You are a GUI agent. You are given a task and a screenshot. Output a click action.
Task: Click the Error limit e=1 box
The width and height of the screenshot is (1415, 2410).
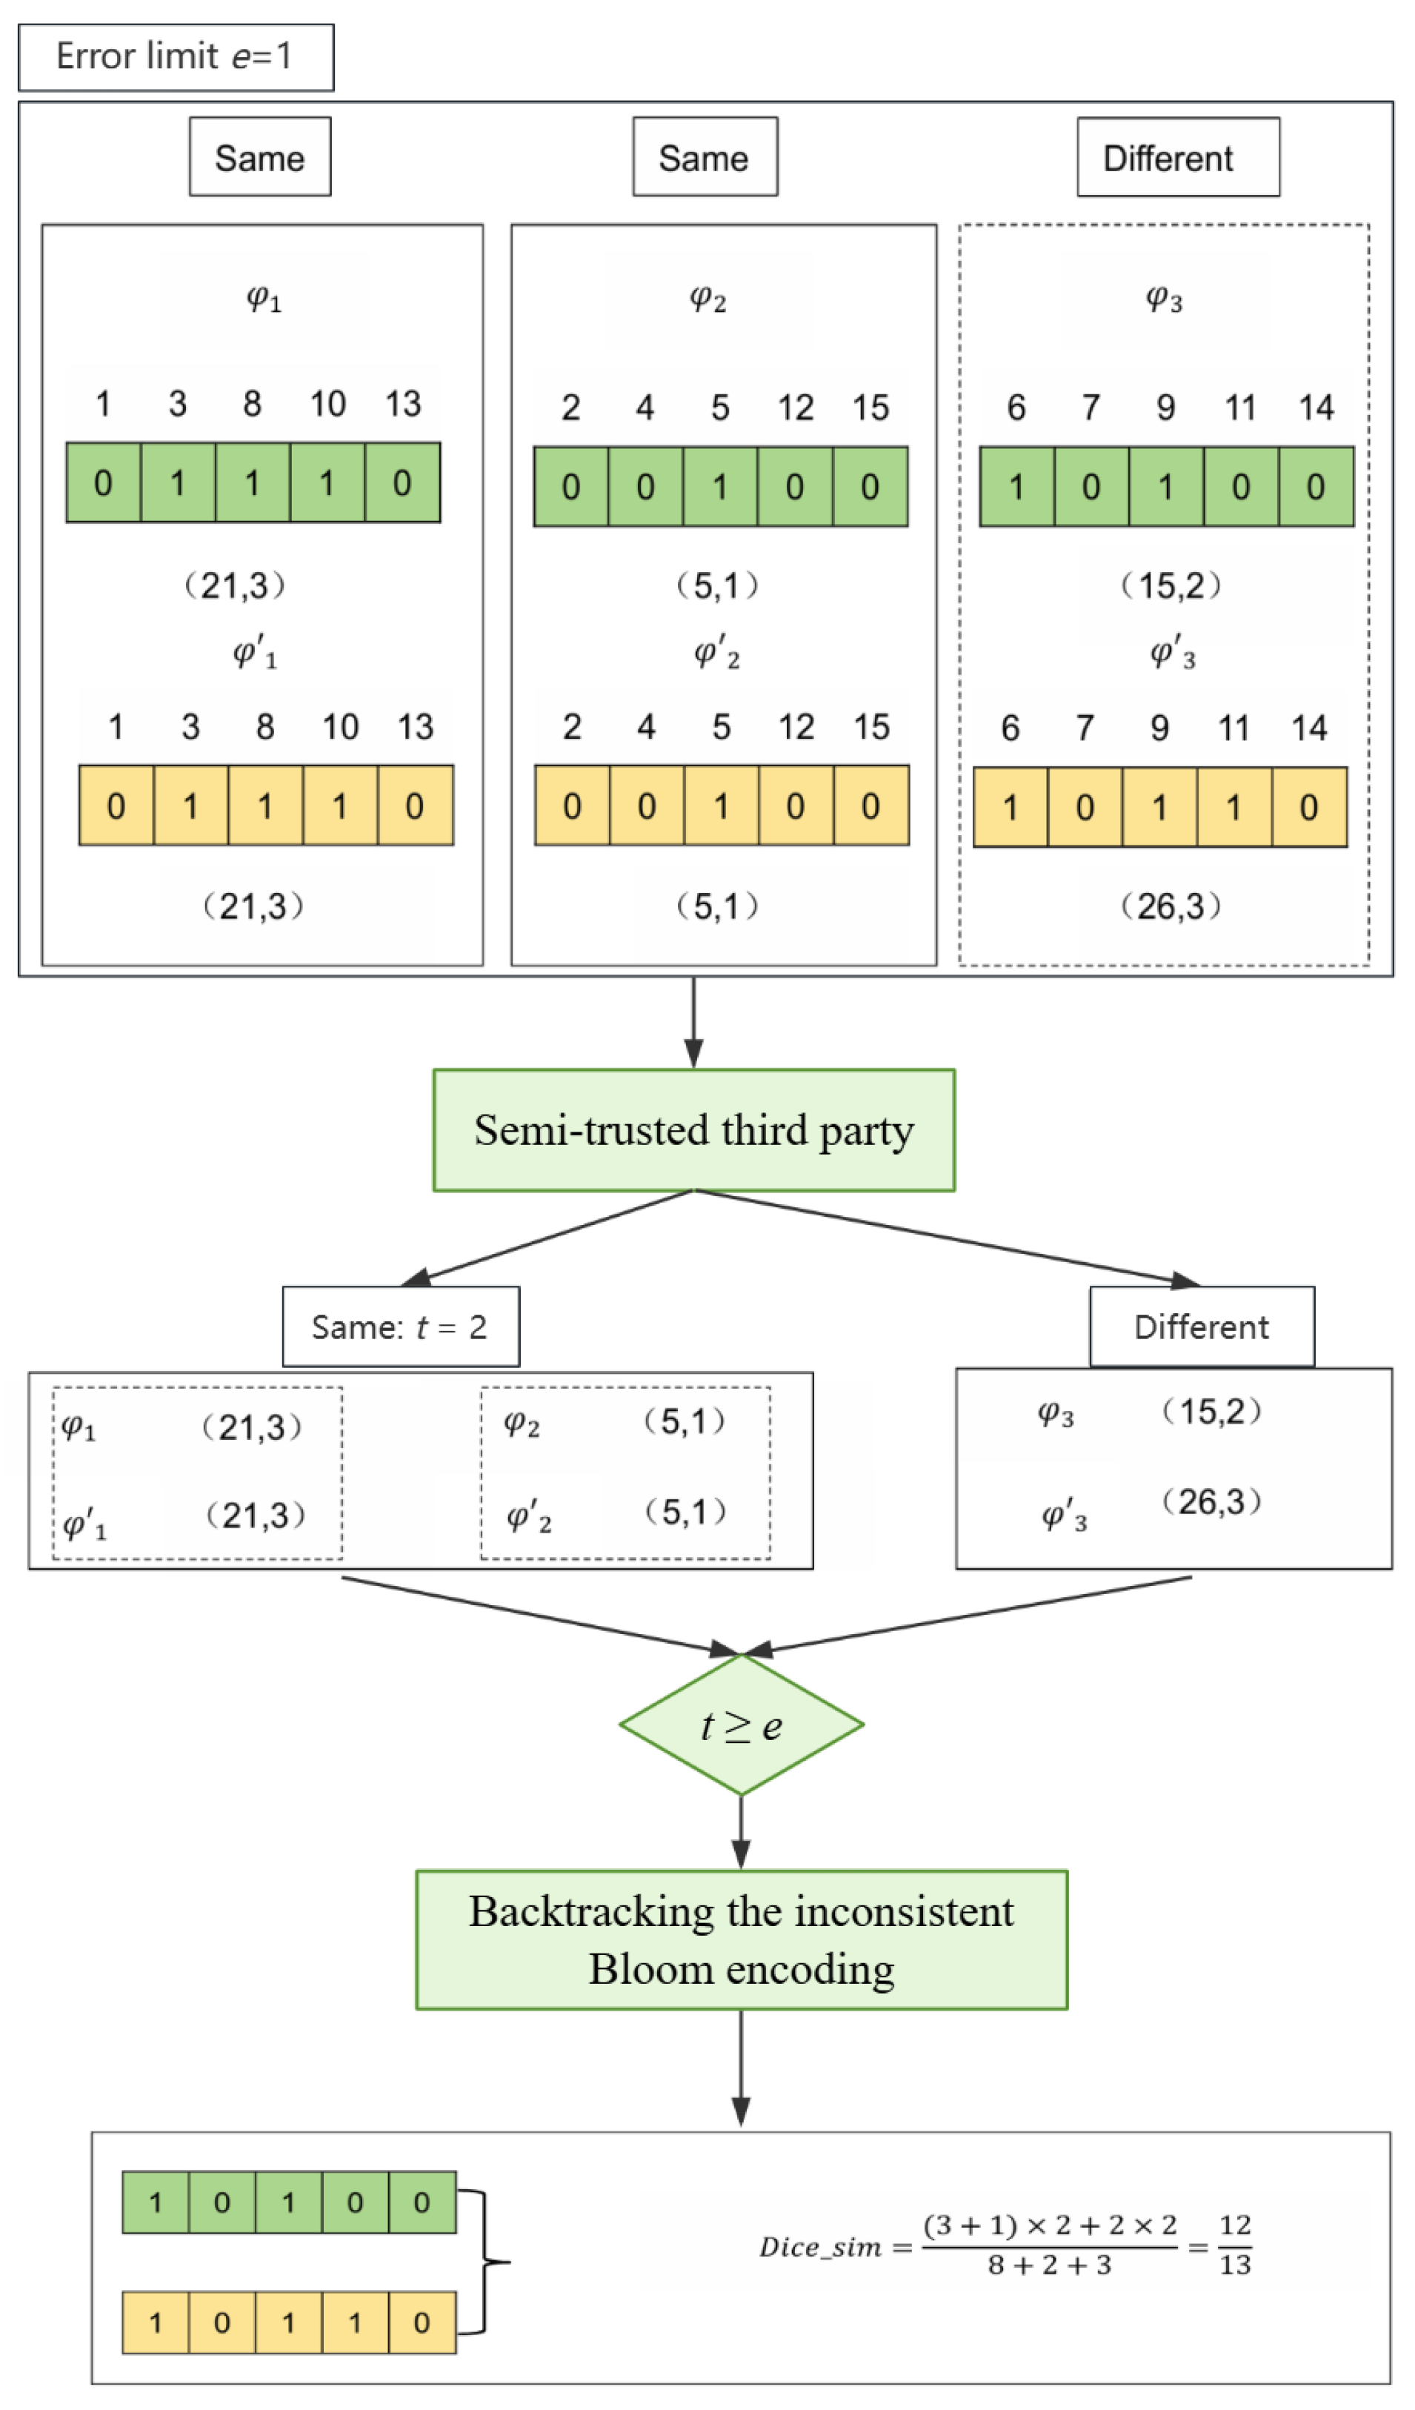(176, 57)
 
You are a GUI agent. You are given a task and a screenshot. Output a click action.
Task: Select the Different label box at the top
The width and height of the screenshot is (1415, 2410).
(1178, 158)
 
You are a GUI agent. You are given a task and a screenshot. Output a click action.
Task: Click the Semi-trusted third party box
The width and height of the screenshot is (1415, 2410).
(693, 1130)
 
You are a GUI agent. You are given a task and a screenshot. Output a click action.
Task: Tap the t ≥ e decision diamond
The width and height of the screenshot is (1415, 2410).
(741, 1726)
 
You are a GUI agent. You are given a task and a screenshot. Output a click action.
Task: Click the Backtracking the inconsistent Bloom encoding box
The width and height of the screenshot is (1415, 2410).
(741, 1940)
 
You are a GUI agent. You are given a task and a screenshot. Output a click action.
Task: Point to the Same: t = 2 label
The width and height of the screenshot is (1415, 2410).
(401, 1327)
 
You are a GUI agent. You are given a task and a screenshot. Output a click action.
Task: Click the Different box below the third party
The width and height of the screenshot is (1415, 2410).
(1202, 1327)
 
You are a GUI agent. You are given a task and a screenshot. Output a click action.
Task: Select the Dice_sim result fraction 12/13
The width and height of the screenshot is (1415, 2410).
(1234, 2245)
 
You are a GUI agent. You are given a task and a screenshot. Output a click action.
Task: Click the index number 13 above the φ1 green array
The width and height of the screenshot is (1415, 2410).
(402, 404)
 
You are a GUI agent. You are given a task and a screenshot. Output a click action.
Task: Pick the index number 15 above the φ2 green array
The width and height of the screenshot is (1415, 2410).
(870, 408)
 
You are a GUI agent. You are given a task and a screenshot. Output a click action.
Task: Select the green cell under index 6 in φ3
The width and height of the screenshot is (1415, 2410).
(1016, 487)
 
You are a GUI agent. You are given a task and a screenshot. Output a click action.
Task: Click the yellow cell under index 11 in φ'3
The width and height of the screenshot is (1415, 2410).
(1233, 808)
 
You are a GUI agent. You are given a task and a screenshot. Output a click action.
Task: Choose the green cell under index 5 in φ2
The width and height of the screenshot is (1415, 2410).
(720, 487)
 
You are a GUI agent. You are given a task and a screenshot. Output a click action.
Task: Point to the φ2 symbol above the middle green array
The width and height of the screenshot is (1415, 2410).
(707, 299)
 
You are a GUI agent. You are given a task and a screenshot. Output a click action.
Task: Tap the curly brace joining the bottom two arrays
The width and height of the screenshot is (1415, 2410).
(487, 2263)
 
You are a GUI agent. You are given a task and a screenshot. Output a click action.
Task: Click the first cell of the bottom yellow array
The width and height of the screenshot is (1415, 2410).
(156, 2323)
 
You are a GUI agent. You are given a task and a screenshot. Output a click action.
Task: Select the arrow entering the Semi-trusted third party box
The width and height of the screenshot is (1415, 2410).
(694, 1023)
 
